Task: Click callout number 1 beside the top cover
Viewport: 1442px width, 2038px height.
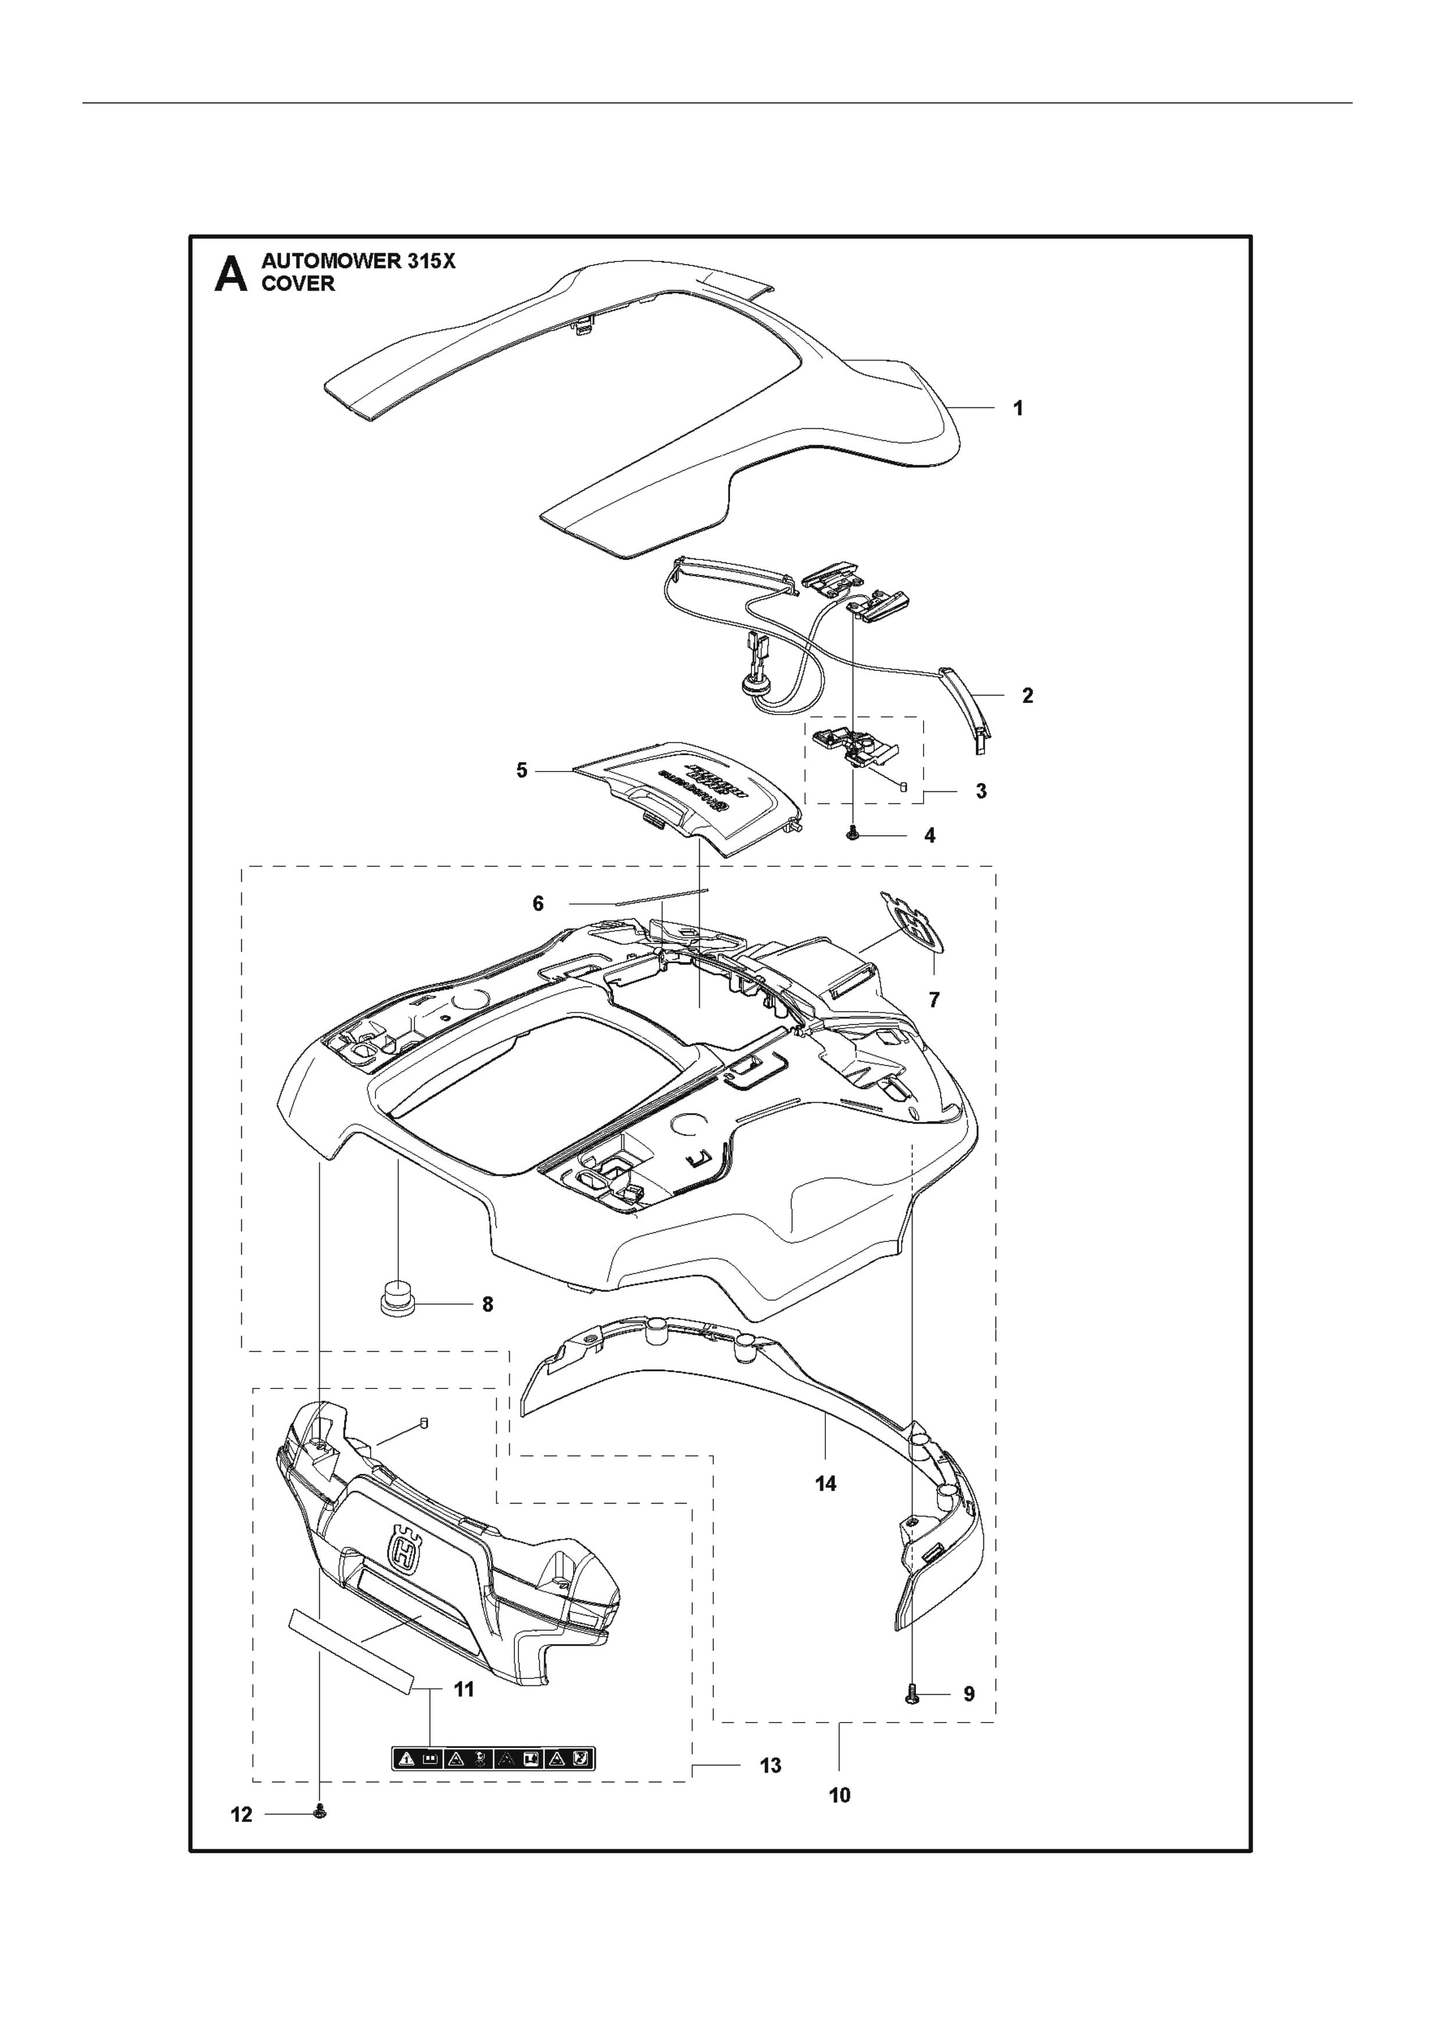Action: pos(1018,408)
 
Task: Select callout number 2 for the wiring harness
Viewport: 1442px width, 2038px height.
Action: pos(1028,696)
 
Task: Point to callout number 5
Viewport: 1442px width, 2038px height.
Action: pos(522,770)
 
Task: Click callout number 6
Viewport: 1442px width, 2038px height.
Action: pos(538,903)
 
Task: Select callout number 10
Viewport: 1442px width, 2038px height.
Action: pos(839,1795)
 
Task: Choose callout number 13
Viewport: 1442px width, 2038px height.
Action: pos(770,1766)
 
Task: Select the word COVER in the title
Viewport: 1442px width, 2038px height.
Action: pos(298,284)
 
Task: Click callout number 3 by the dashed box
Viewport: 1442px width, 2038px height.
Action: pos(981,791)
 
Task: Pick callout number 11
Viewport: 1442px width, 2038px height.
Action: pos(463,1690)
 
